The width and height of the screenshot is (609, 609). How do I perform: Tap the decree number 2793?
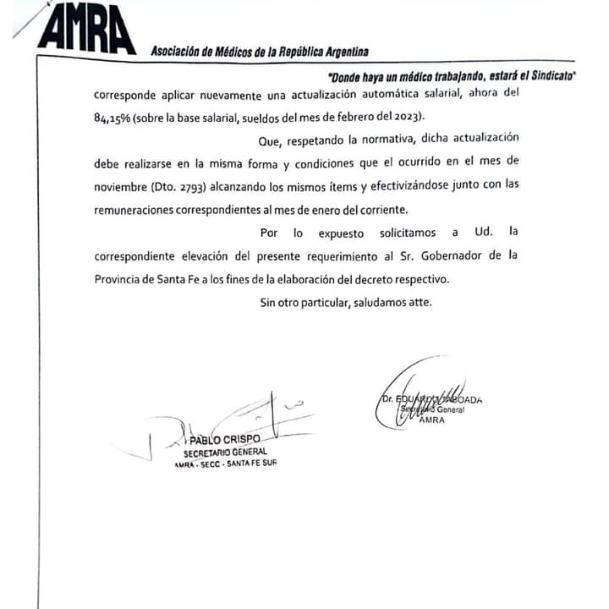point(193,185)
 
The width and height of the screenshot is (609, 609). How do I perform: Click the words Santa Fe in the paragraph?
point(175,278)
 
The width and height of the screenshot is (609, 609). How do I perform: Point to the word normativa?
point(364,138)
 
